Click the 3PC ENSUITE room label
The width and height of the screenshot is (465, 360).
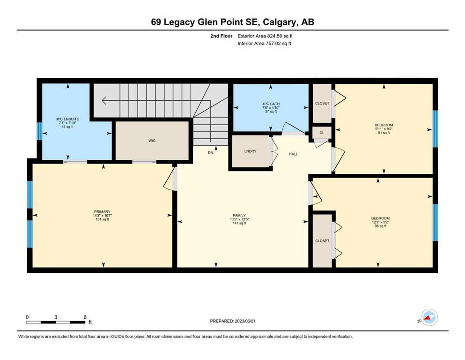pos(67,119)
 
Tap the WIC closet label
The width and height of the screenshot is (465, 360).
pos(152,141)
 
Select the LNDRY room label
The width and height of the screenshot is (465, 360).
pos(250,151)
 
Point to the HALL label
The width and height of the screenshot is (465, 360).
pos(293,154)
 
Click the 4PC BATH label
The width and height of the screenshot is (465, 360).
pos(271,104)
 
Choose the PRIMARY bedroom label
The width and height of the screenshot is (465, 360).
pos(102,211)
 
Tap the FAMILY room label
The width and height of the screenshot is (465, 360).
pos(239,216)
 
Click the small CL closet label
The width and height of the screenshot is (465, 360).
pos(322,133)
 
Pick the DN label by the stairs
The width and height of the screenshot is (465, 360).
pos(211,152)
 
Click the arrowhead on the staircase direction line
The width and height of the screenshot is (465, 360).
pos(103,101)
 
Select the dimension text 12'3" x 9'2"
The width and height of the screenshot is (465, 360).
pos(380,222)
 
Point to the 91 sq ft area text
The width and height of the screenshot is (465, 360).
pos(384,133)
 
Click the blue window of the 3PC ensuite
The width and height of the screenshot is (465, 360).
pos(39,131)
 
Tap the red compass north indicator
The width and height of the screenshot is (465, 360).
pos(427,317)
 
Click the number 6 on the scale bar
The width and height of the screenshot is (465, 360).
pos(85,317)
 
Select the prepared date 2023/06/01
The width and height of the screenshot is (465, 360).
pos(245,321)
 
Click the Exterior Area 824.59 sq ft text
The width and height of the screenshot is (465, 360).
pos(265,36)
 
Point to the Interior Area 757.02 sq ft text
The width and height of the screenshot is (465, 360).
pos(264,43)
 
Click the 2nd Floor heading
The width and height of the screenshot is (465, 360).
pos(221,36)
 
